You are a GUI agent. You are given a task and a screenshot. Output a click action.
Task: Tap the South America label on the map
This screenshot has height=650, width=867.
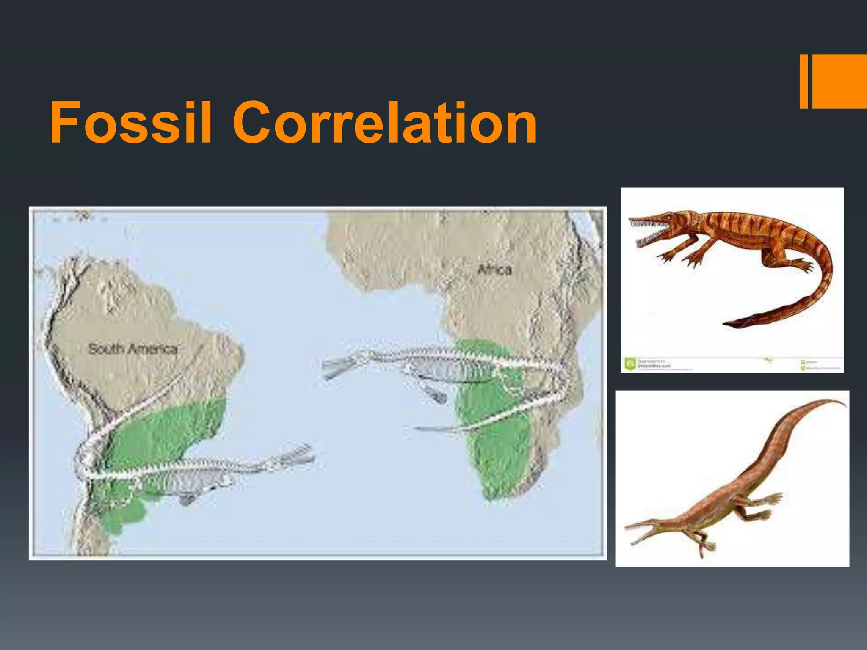(x=133, y=349)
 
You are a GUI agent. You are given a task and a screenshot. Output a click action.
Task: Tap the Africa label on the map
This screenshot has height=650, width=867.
(x=494, y=270)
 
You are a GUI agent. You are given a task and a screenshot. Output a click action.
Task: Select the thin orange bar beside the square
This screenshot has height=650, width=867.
(x=803, y=81)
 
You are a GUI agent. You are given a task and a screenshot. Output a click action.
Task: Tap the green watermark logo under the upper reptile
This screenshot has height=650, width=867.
(x=630, y=364)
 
